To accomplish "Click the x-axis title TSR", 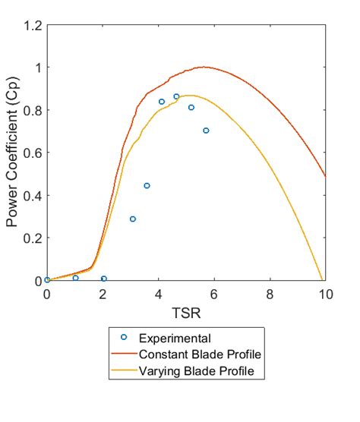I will pyautogui.click(x=186, y=311).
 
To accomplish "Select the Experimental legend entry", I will pyautogui.click(x=169, y=338).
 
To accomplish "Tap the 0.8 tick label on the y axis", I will pyautogui.click(x=32, y=110).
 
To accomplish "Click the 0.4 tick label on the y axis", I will pyautogui.click(x=32, y=195).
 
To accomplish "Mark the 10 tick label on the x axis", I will pyautogui.click(x=325, y=294).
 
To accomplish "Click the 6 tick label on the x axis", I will pyautogui.click(x=214, y=294).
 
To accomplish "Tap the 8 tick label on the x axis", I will pyautogui.click(x=270, y=294).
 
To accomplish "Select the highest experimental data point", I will pyautogui.click(x=176, y=96).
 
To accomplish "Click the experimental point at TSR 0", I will pyautogui.click(x=47, y=280).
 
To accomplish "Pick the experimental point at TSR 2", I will pyautogui.click(x=103, y=279).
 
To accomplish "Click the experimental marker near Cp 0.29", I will pyautogui.click(x=132, y=219).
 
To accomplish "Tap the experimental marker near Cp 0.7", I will pyautogui.click(x=206, y=131).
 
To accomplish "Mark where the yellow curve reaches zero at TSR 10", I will pyautogui.click(x=324, y=280).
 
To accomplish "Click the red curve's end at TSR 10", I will pyautogui.click(x=325, y=176).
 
